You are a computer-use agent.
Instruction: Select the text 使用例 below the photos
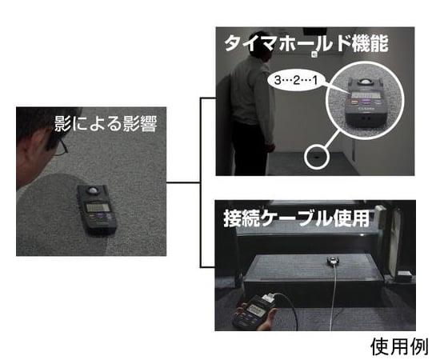click(399, 346)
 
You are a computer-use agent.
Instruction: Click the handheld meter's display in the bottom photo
click(258, 305)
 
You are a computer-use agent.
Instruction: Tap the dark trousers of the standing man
click(255, 149)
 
